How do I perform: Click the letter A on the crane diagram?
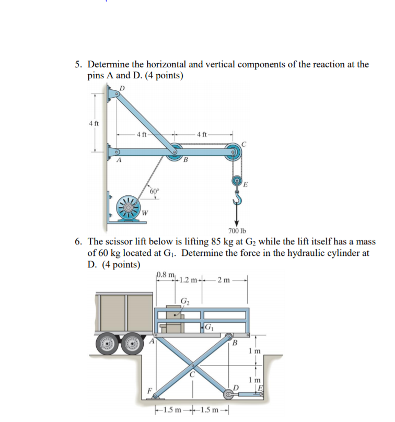pos(119,160)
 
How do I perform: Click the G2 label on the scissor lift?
pos(185,300)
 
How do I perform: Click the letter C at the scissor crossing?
pos(193,373)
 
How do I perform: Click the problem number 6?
pos(77,242)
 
